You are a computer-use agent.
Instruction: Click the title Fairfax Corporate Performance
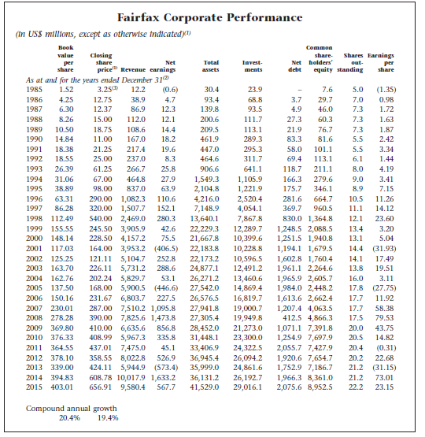pyautogui.click(x=213, y=17)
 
